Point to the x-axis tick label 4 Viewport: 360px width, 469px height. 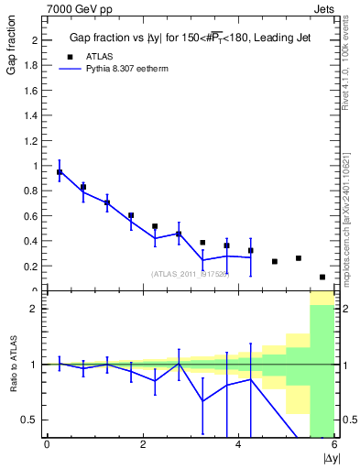[239, 445]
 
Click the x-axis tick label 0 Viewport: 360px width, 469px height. [47, 445]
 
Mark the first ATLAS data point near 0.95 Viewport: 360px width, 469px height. [60, 172]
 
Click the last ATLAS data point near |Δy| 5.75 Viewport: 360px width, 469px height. [322, 277]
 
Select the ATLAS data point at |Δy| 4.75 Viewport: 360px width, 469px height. [275, 261]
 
